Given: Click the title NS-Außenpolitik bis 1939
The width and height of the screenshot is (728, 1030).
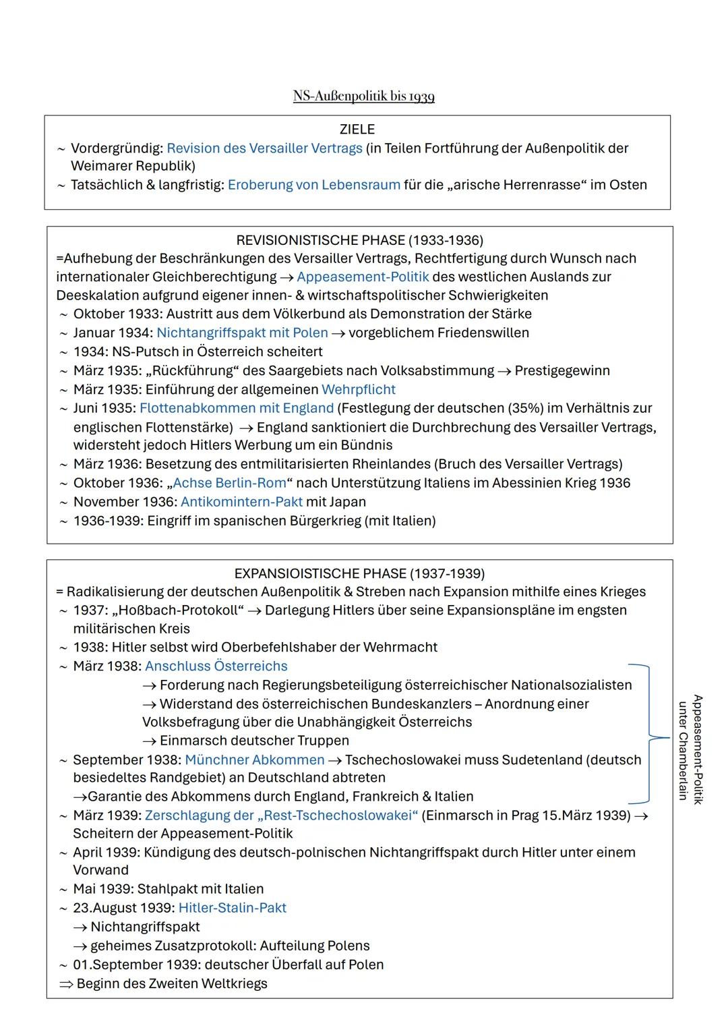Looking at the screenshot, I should tap(363, 96).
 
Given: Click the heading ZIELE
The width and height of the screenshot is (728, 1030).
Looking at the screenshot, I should tap(357, 129).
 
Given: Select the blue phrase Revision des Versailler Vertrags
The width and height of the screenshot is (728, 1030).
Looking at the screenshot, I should tap(264, 148).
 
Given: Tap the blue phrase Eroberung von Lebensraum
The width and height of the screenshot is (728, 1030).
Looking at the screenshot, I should tap(313, 185).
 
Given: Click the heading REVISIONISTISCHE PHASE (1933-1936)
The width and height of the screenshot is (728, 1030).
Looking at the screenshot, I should tap(359, 240).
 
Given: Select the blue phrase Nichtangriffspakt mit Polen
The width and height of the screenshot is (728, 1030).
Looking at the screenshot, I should tap(242, 333).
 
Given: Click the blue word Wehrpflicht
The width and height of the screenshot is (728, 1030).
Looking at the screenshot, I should tap(358, 389).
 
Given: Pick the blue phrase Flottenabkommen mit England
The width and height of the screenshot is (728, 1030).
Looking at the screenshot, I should tap(237, 408).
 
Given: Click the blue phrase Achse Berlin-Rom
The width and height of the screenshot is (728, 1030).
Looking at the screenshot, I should tap(233, 483).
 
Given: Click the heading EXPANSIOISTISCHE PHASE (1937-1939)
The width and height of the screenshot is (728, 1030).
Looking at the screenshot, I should tap(359, 573).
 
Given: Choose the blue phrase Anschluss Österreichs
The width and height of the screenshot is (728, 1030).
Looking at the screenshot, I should tap(216, 666).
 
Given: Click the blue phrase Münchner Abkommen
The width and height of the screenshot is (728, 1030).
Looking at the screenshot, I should tap(254, 760).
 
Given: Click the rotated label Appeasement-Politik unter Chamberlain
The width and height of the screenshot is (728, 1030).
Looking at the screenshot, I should tap(690, 749).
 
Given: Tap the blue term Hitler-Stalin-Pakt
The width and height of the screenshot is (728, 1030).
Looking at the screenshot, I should tap(232, 908).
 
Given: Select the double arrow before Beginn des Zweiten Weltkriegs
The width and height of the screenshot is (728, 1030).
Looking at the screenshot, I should tap(65, 984).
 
